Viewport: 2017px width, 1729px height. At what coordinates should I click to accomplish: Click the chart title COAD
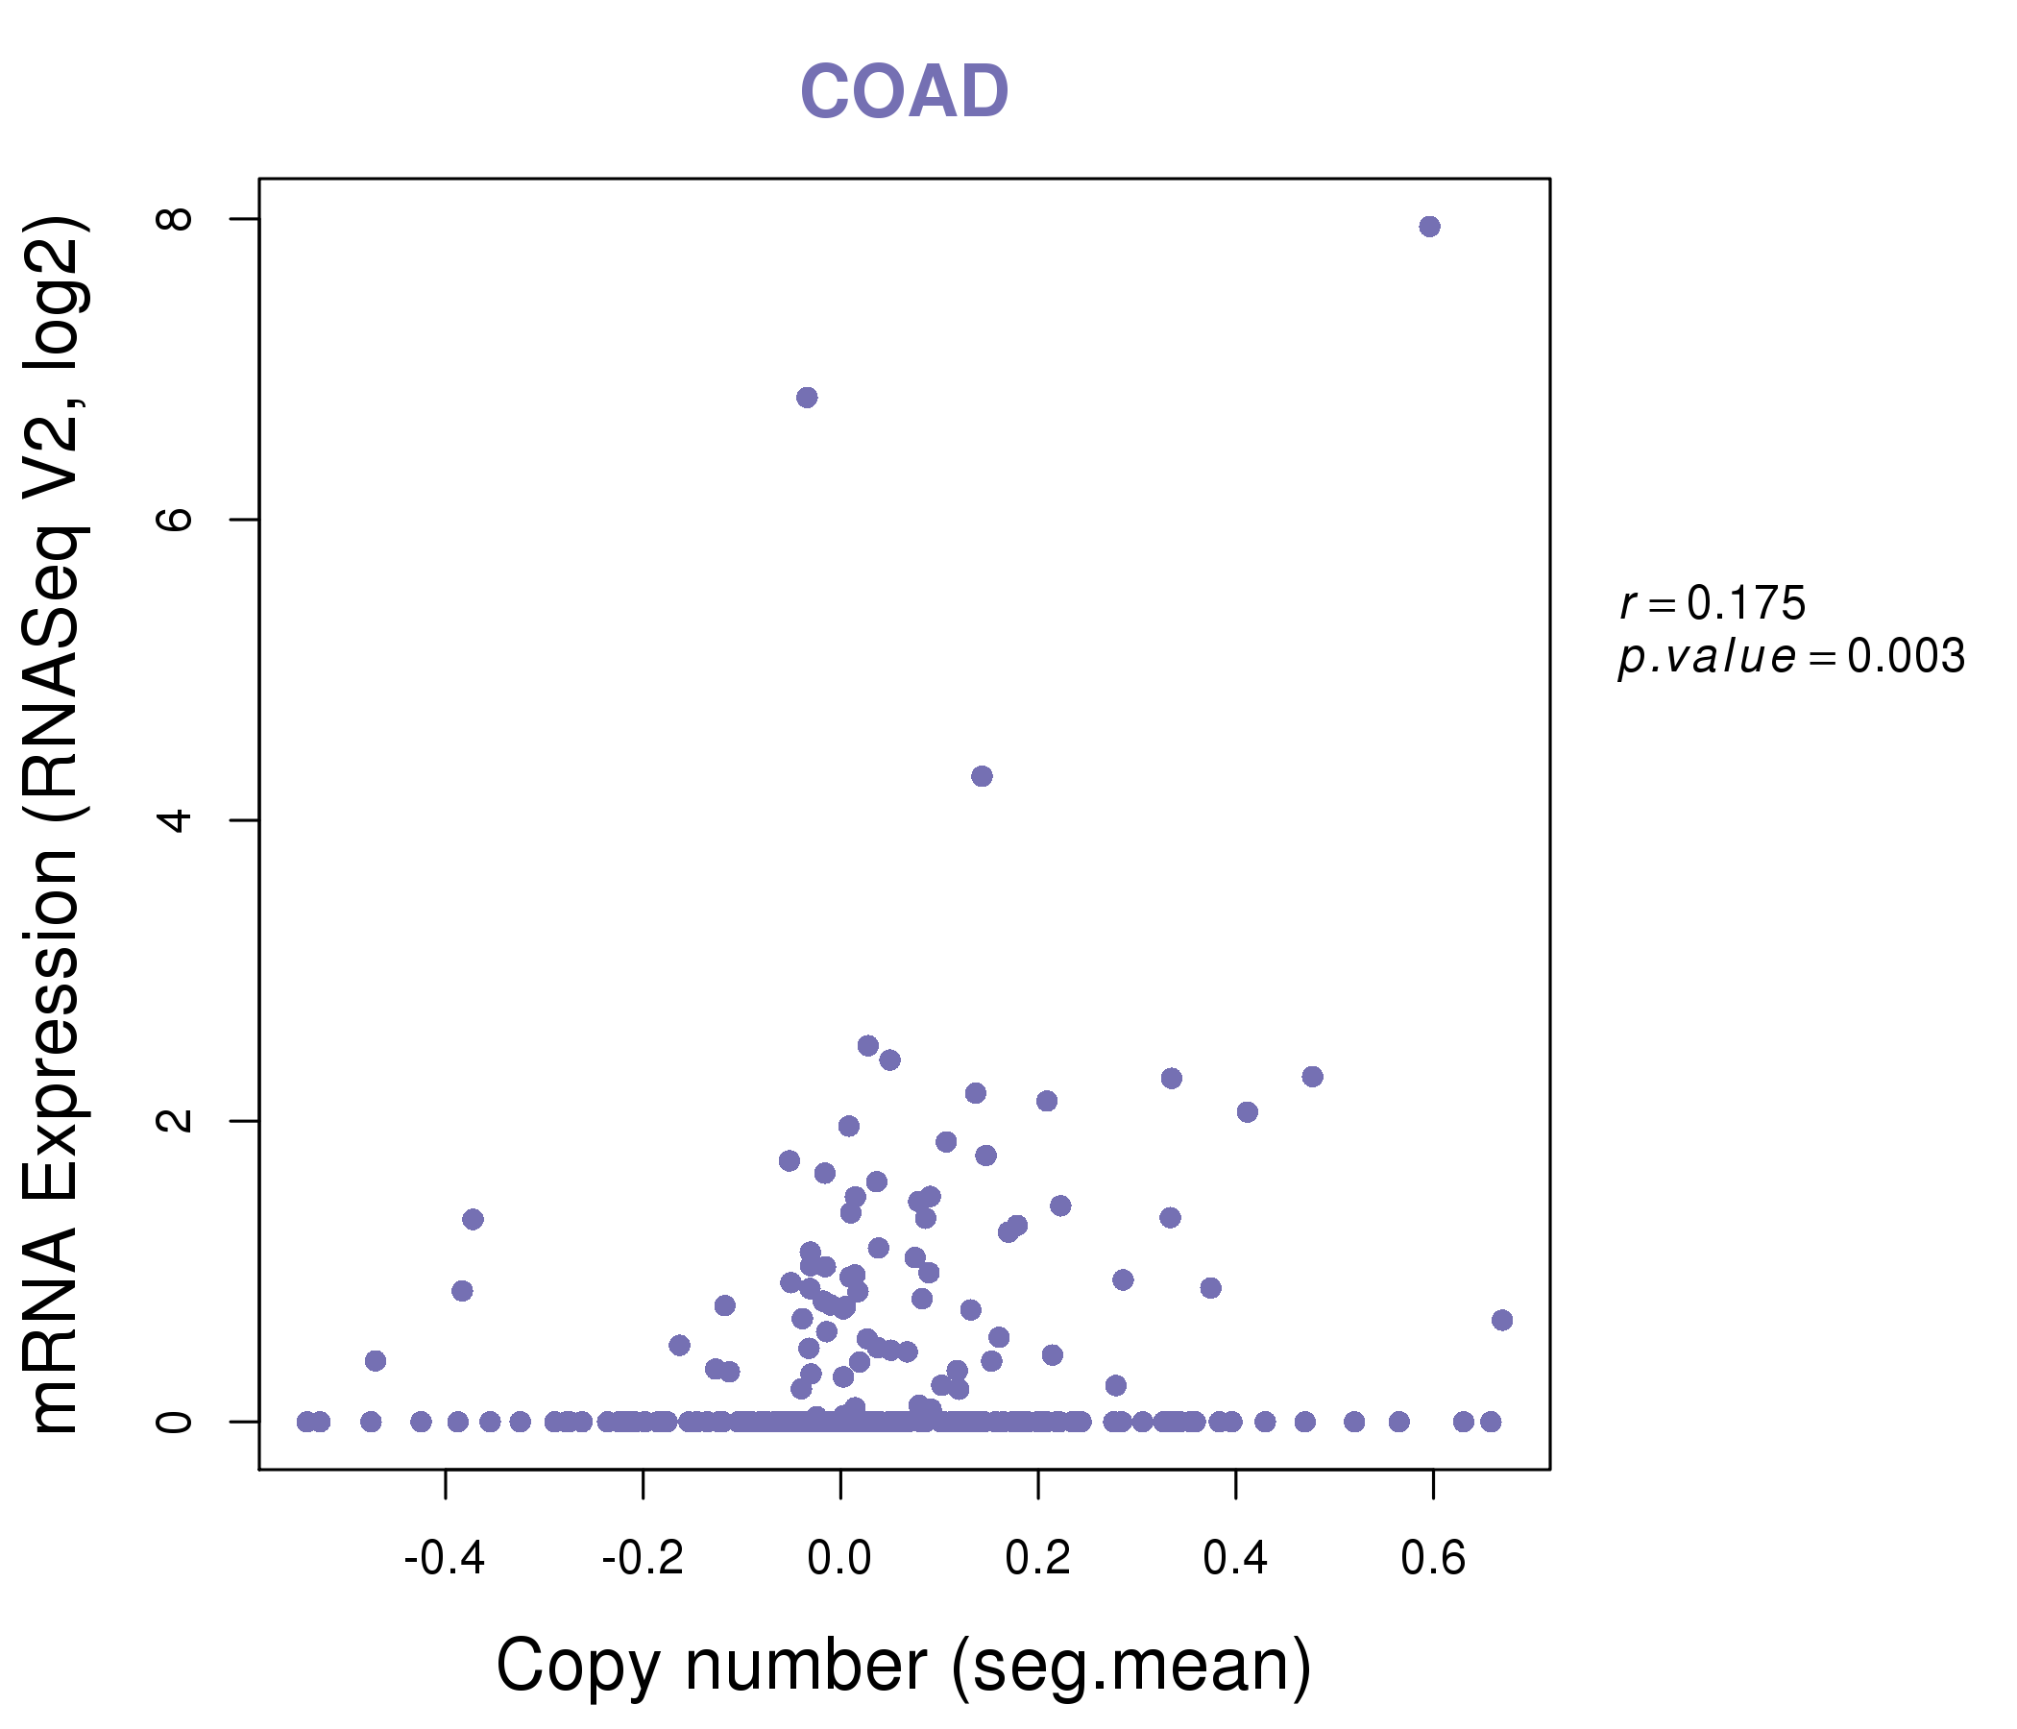(904, 92)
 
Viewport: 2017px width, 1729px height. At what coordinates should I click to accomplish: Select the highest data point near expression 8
(1429, 227)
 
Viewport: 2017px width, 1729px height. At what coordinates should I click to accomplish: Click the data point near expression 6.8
(807, 398)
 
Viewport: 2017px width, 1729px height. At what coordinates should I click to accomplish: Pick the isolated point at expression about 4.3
(983, 776)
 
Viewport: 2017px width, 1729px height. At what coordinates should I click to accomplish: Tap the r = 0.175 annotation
(1713, 603)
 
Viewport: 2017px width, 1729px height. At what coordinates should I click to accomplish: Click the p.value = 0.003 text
(1791, 657)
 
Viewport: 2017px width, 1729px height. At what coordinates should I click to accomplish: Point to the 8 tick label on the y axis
(176, 218)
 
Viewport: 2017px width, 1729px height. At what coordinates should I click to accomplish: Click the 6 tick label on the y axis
(176, 519)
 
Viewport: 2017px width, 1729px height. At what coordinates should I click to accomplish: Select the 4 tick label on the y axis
(176, 819)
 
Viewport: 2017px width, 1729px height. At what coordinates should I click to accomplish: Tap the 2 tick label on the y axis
(176, 1121)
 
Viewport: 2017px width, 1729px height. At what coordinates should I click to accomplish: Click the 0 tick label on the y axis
(176, 1422)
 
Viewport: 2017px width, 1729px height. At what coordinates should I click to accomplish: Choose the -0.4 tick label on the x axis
(445, 1559)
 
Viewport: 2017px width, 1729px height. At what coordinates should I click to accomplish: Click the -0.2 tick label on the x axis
(643, 1559)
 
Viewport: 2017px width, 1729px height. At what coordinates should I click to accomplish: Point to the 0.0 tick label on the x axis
(840, 1559)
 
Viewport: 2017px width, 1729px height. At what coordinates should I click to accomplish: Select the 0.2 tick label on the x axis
(1037, 1559)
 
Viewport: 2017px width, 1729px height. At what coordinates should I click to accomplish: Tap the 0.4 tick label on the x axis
(1235, 1559)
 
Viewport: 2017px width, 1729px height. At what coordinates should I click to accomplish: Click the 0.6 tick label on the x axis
(1433, 1559)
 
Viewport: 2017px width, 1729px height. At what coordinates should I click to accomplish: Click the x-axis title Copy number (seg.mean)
(904, 1666)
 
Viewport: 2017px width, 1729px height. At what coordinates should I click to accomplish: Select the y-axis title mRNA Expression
(57, 825)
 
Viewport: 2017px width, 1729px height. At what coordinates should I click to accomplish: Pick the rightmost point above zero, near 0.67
(1502, 1320)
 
